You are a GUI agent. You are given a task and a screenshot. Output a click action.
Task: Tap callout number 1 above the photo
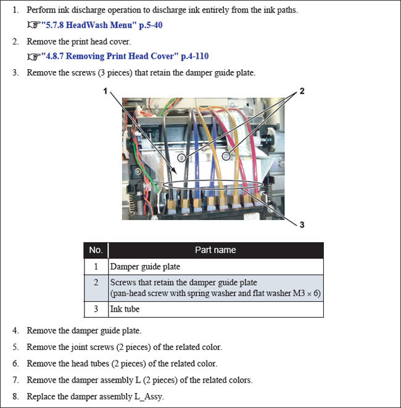click(x=106, y=91)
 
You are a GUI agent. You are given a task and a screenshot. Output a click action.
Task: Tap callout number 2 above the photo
click(x=302, y=91)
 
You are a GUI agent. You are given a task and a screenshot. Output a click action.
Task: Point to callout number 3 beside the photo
click(x=302, y=225)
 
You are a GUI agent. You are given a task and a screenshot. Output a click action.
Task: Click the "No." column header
click(x=96, y=250)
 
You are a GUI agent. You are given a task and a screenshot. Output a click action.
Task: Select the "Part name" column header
click(x=215, y=250)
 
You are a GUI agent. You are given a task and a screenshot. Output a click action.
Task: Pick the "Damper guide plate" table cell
click(x=146, y=266)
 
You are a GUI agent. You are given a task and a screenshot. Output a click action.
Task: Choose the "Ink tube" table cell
click(x=125, y=308)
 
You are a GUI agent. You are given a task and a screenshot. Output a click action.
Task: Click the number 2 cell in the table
click(x=96, y=287)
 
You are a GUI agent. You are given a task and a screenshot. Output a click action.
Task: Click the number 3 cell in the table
click(x=96, y=308)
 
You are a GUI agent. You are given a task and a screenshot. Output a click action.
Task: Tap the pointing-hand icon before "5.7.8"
click(x=33, y=26)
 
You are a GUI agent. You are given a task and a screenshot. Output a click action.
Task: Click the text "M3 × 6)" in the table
click(x=306, y=293)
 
